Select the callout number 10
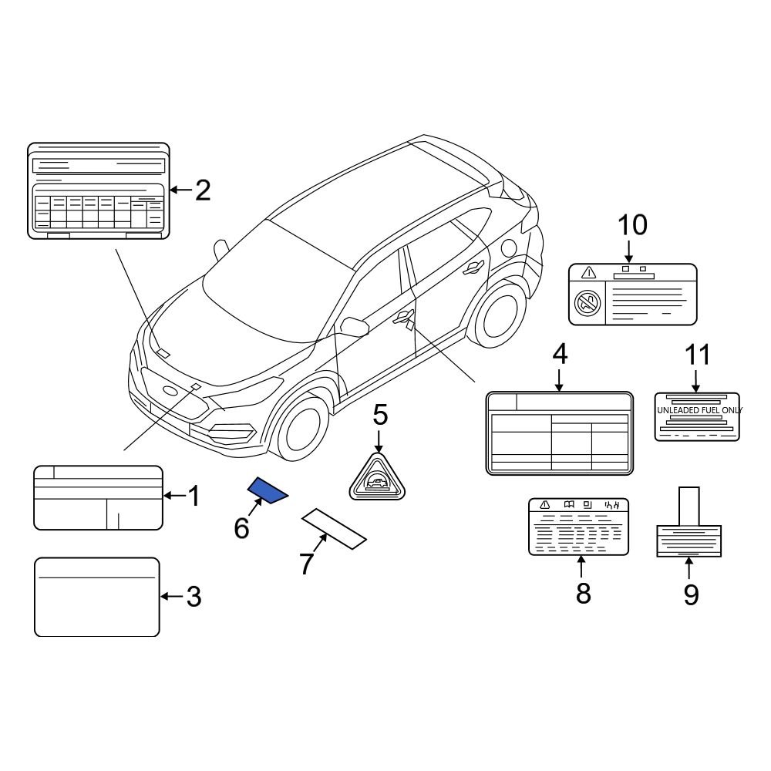[x=631, y=225]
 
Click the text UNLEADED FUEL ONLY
[x=698, y=410]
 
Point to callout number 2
[x=202, y=190]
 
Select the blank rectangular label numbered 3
[x=97, y=597]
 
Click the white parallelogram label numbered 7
[x=333, y=529]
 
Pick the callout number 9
[x=690, y=594]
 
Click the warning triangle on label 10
[x=589, y=272]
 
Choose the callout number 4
[x=559, y=355]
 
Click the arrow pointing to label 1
[x=174, y=495]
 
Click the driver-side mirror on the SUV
[x=354, y=326]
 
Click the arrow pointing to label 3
[x=171, y=596]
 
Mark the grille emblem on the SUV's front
[x=172, y=391]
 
